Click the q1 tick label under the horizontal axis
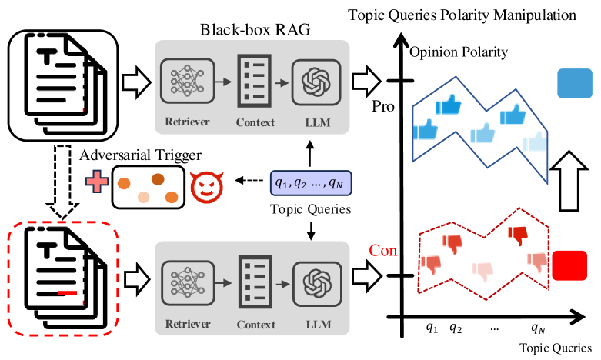432,326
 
